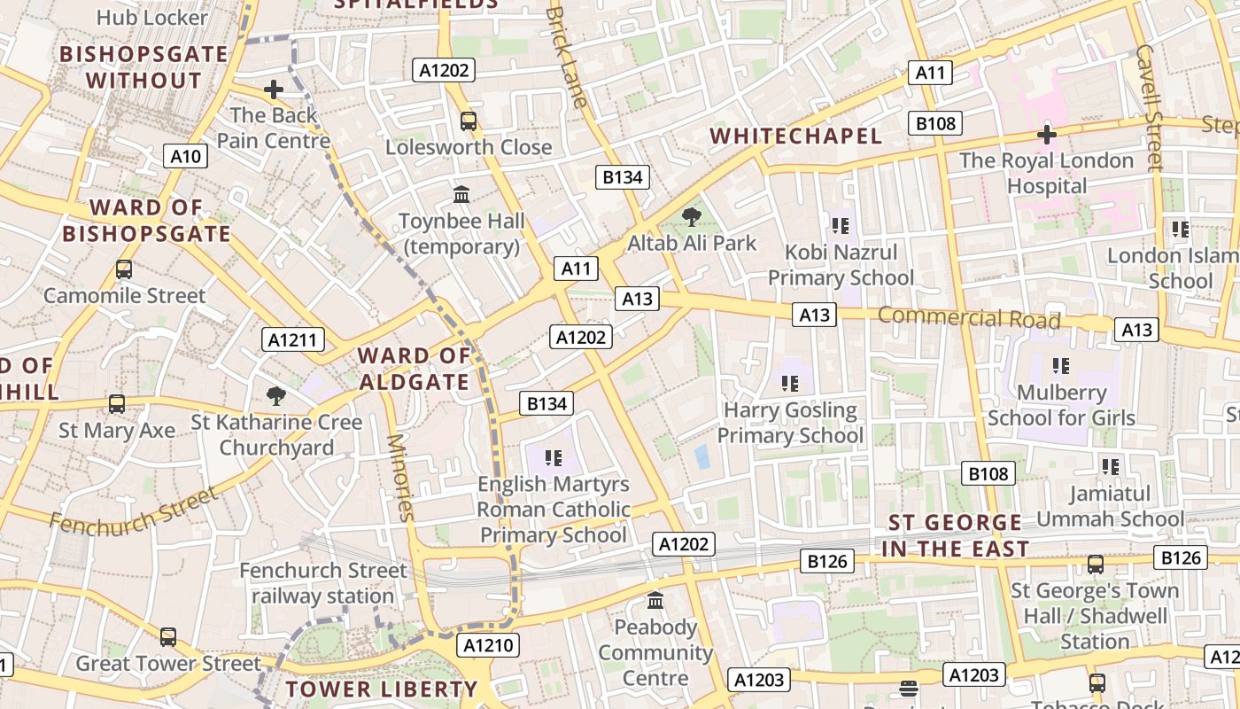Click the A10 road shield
(186, 157)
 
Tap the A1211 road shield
(294, 339)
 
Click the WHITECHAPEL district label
(796, 136)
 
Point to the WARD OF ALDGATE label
(414, 370)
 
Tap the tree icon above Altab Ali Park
(692, 216)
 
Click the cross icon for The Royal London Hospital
(1046, 135)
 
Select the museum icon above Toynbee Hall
(461, 194)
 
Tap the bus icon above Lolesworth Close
(468, 121)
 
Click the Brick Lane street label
(567, 58)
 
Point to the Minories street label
(400, 477)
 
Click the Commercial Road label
(968, 317)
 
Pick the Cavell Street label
(1149, 106)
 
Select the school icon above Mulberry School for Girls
(1060, 365)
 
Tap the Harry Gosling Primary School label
(790, 423)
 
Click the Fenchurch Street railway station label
(322, 583)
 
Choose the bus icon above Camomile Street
(124, 269)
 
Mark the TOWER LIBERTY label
(382, 689)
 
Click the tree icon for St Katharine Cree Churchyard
(276, 395)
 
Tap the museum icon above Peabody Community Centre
(655, 601)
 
